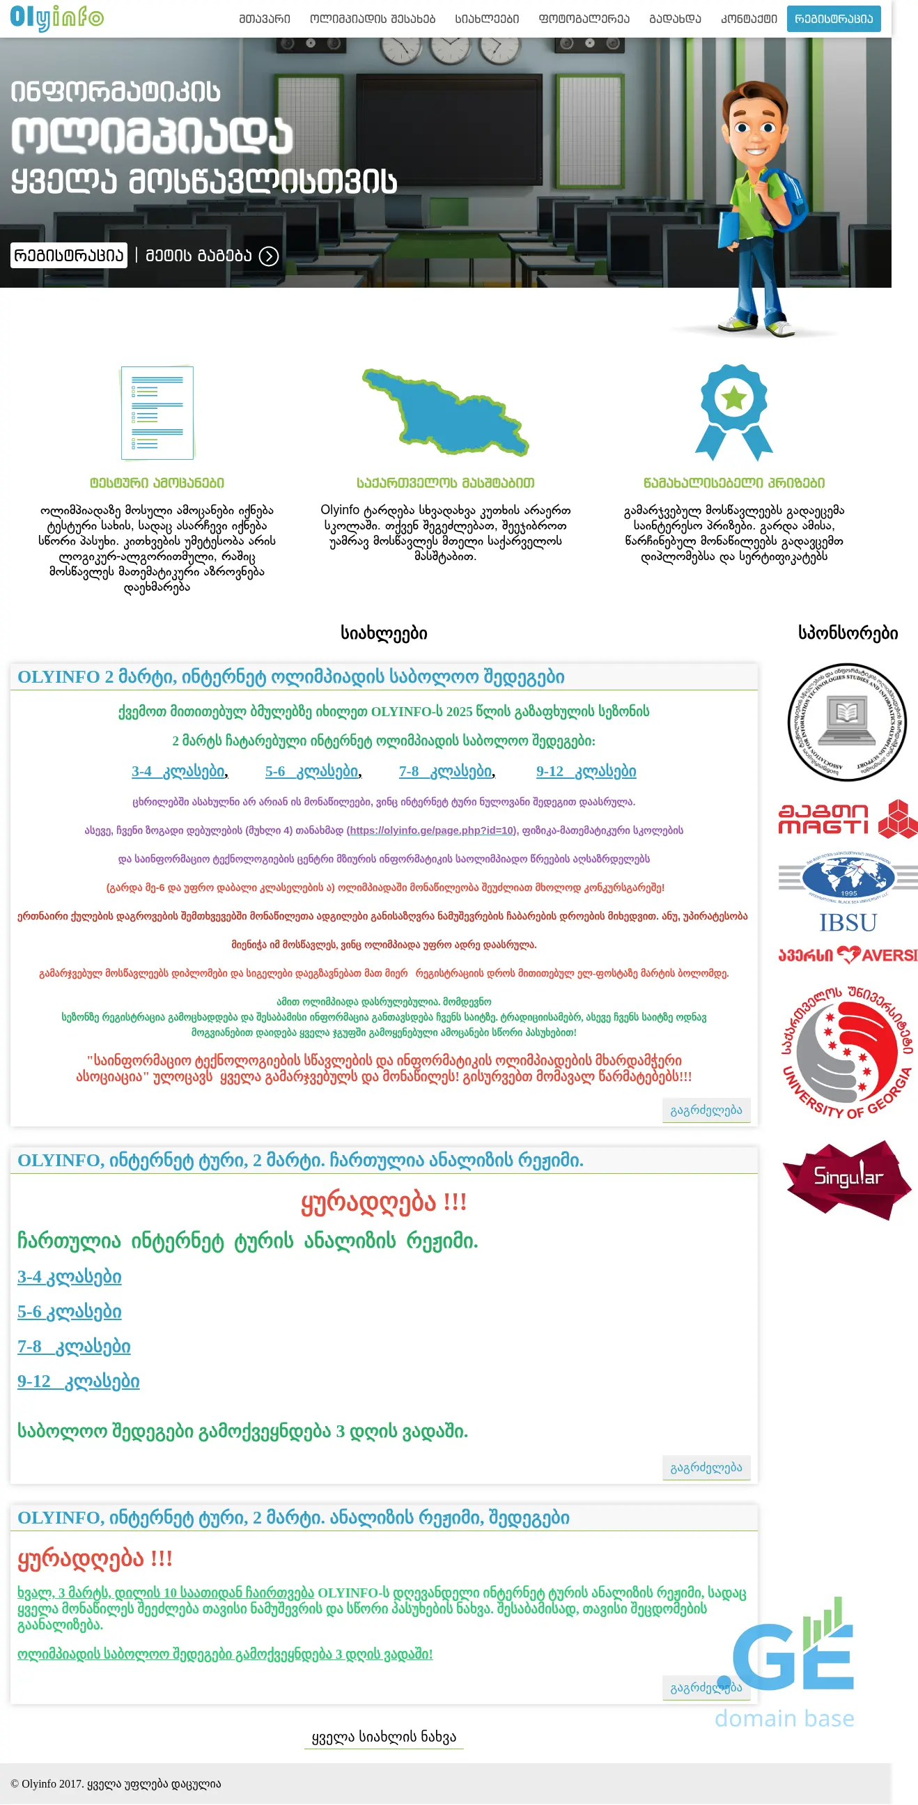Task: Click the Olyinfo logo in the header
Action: click(x=56, y=17)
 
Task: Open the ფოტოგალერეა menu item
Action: click(x=584, y=19)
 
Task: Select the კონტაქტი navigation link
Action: click(x=749, y=19)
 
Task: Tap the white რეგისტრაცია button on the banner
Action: click(x=69, y=255)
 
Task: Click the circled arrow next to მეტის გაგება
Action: click(x=269, y=256)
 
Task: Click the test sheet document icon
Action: click(x=157, y=412)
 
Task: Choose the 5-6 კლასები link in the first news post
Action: click(x=312, y=771)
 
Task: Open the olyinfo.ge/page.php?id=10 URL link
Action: click(x=432, y=830)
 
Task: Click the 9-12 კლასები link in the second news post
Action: click(x=79, y=1381)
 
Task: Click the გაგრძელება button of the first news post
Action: click(x=706, y=1110)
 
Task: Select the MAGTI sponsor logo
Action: click(x=847, y=819)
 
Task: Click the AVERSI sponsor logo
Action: click(x=847, y=955)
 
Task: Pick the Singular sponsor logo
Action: click(x=847, y=1179)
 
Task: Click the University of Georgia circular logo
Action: click(x=847, y=1051)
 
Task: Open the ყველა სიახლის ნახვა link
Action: click(x=384, y=1737)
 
